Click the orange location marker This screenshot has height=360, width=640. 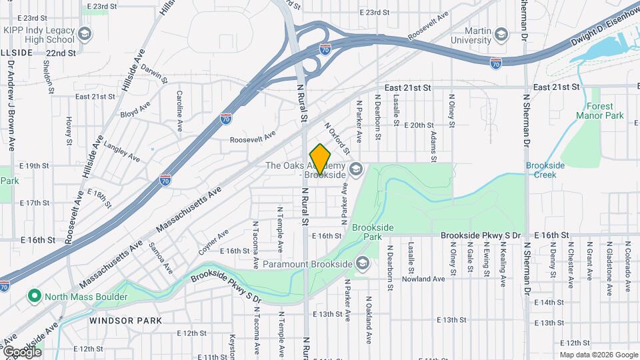[x=320, y=160]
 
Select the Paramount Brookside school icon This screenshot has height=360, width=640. [x=362, y=264]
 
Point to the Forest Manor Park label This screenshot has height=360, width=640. [x=605, y=111]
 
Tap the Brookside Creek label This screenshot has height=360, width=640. [x=545, y=170]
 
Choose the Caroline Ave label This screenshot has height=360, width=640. [x=179, y=111]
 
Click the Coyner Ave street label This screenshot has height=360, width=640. [x=213, y=242]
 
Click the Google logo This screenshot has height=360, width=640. [x=22, y=351]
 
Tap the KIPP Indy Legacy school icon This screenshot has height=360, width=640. [x=85, y=33]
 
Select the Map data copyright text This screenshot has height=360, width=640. [x=597, y=355]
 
